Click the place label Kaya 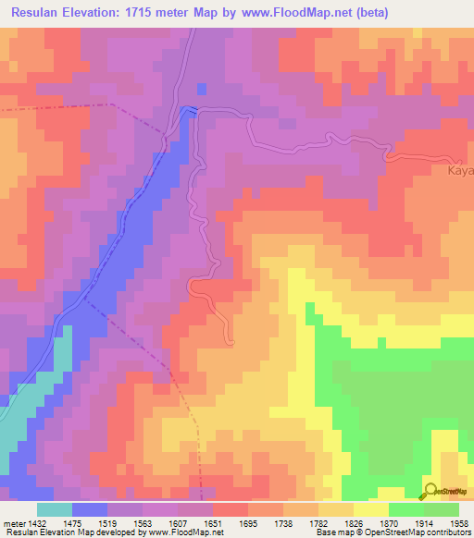460,171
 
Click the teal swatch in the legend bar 54,509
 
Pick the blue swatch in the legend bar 89,509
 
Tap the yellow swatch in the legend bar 371,509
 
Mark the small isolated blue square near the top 201,89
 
